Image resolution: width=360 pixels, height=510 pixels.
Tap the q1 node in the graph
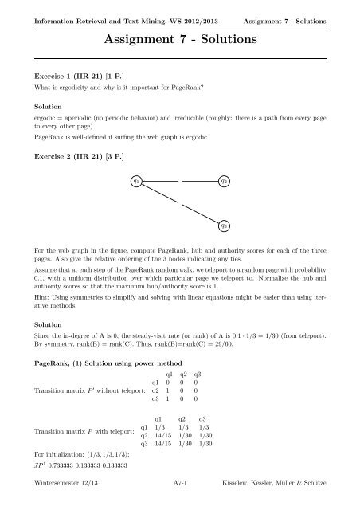137,182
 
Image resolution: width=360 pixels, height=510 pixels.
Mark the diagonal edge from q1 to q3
181,204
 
